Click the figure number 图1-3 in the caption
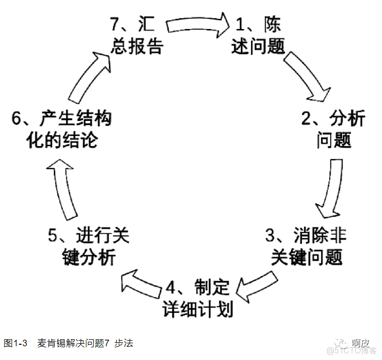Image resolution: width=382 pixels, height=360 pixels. [x=15, y=344]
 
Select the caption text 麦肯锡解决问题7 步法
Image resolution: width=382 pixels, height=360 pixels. [x=85, y=344]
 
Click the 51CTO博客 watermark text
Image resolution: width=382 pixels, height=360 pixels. [x=358, y=351]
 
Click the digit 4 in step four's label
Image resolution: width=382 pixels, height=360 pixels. [x=171, y=288]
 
